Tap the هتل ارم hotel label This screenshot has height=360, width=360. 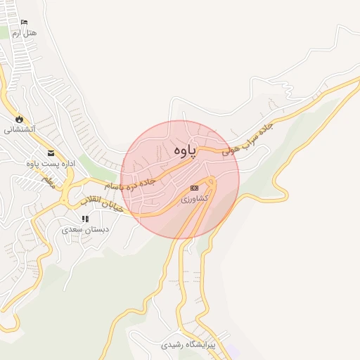pos(25,33)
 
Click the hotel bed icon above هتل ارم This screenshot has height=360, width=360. pos(25,22)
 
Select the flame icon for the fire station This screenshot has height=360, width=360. pos(19,119)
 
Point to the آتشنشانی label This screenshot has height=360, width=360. pos(20,129)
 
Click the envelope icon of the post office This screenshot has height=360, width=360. pos(50,153)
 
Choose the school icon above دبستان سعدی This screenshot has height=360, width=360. pos(85,219)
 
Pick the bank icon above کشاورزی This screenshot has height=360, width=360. pos(195,188)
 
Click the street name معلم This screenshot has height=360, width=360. pos(47,181)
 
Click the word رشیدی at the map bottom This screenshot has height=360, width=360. pos(173,345)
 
